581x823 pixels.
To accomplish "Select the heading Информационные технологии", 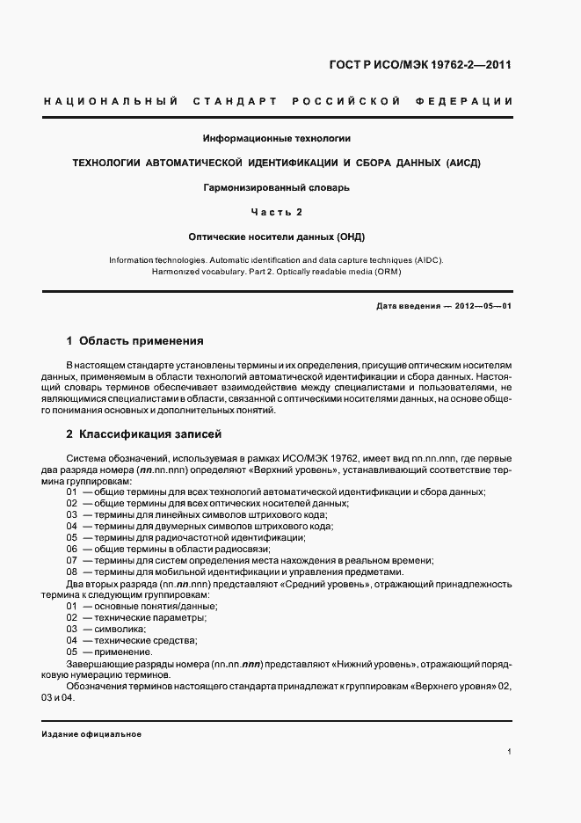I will (x=277, y=139).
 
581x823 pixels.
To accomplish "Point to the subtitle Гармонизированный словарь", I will (x=277, y=187).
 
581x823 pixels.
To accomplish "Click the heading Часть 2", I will (x=277, y=212).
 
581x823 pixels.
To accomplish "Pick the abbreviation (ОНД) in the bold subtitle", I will (x=349, y=237).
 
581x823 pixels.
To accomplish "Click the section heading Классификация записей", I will (x=144, y=433).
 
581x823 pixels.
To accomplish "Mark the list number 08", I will (x=72, y=572).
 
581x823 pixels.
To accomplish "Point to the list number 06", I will (x=72, y=549).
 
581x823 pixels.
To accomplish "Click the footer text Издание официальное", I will (x=91, y=733).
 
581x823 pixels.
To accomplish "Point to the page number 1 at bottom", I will (x=510, y=752).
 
